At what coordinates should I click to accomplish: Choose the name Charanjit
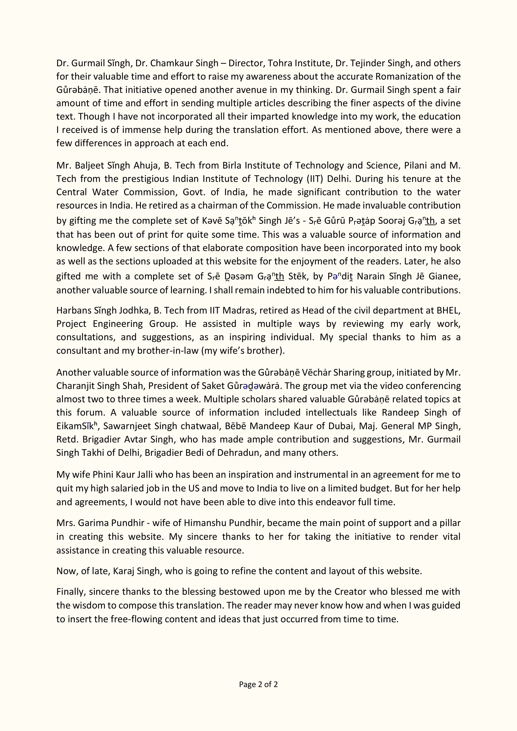[x=74, y=386]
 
